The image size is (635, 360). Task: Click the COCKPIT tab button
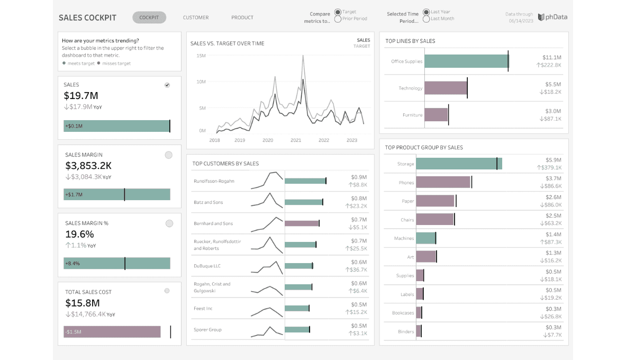pos(149,17)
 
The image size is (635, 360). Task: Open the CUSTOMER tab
pos(196,17)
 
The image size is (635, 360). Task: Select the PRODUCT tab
pos(242,17)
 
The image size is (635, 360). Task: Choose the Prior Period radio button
pos(338,19)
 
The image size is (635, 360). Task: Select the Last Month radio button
pos(426,19)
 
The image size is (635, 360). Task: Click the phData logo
pos(552,17)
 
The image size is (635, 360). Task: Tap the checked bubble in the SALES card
pos(167,85)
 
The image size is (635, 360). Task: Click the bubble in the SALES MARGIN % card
pos(169,223)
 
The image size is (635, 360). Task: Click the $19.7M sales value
pos(81,96)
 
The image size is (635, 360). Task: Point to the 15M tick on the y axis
pos(201,56)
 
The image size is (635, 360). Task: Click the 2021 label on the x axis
pos(296,140)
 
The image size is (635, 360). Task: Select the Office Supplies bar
pos(467,61)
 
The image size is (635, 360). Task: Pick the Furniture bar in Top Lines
pos(436,114)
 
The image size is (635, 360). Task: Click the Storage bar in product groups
pos(459,164)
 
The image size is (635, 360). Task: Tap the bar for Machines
pos(426,238)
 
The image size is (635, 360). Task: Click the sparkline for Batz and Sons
pos(267,201)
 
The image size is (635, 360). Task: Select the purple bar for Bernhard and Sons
pos(302,223)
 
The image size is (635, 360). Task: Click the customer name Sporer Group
pos(207,330)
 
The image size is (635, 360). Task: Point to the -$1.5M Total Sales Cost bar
pos(112,331)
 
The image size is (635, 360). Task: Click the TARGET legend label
pos(361,46)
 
